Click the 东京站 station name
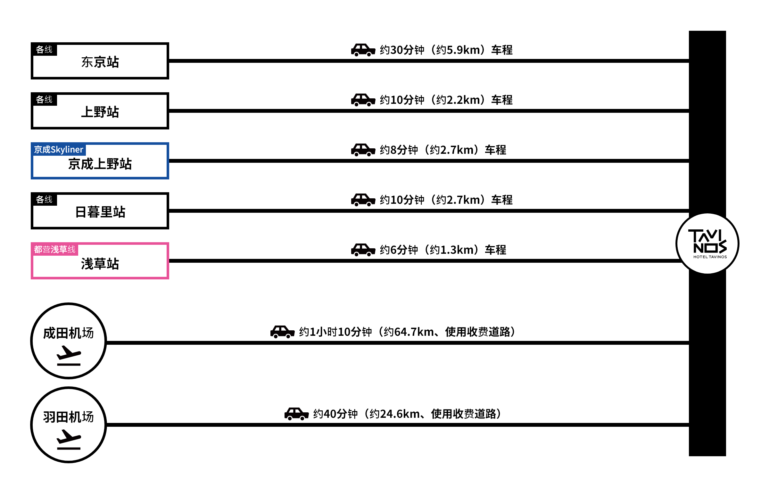click(100, 62)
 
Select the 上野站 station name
click(100, 112)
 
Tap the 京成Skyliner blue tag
click(59, 150)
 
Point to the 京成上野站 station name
click(100, 164)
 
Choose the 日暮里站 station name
click(100, 212)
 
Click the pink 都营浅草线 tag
click(55, 250)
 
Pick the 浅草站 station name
click(100, 264)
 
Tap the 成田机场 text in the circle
click(68, 333)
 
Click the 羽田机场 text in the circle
click(68, 417)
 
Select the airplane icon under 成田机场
click(69, 356)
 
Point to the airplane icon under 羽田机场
click(69, 440)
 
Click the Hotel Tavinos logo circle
click(707, 244)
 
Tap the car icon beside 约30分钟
click(363, 50)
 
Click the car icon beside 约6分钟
click(363, 250)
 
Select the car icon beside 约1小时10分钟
click(282, 332)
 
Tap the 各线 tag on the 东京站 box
click(44, 50)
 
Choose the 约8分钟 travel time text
click(399, 150)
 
